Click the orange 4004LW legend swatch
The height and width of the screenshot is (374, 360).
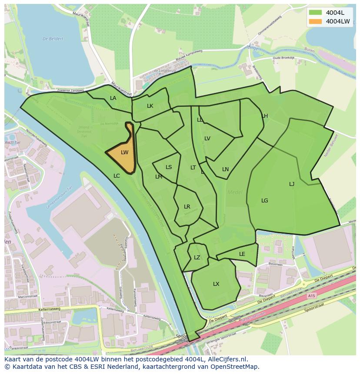(x=316, y=21)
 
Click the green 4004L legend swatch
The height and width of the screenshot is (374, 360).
(x=316, y=13)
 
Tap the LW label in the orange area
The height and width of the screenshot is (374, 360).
(x=124, y=152)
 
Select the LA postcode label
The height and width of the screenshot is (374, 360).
(x=113, y=98)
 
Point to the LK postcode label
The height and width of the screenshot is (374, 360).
(x=150, y=106)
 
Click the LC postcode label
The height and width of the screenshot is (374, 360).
(x=117, y=176)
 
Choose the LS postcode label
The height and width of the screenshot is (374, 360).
(x=169, y=167)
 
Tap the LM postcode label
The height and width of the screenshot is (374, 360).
(x=159, y=177)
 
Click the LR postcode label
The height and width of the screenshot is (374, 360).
(x=187, y=207)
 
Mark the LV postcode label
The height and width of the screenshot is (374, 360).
(x=207, y=139)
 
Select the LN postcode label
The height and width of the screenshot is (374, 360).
(x=225, y=169)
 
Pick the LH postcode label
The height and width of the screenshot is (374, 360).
(x=265, y=116)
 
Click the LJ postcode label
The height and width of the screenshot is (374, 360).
(x=292, y=184)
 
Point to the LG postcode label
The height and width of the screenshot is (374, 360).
(x=265, y=201)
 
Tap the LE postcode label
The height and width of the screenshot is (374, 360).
(x=242, y=254)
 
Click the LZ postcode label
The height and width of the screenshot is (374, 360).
(x=197, y=258)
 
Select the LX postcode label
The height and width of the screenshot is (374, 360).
(x=216, y=284)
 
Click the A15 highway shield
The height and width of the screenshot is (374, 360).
(x=311, y=296)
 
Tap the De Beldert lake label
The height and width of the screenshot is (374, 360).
(x=53, y=39)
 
